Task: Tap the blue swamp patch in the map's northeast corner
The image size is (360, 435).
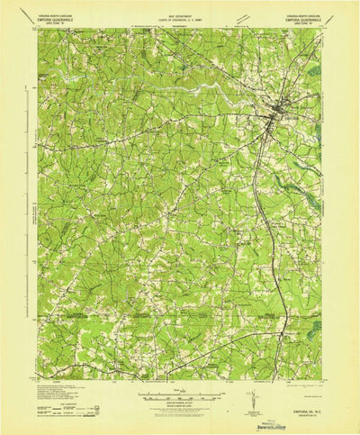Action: [x=312, y=69]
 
